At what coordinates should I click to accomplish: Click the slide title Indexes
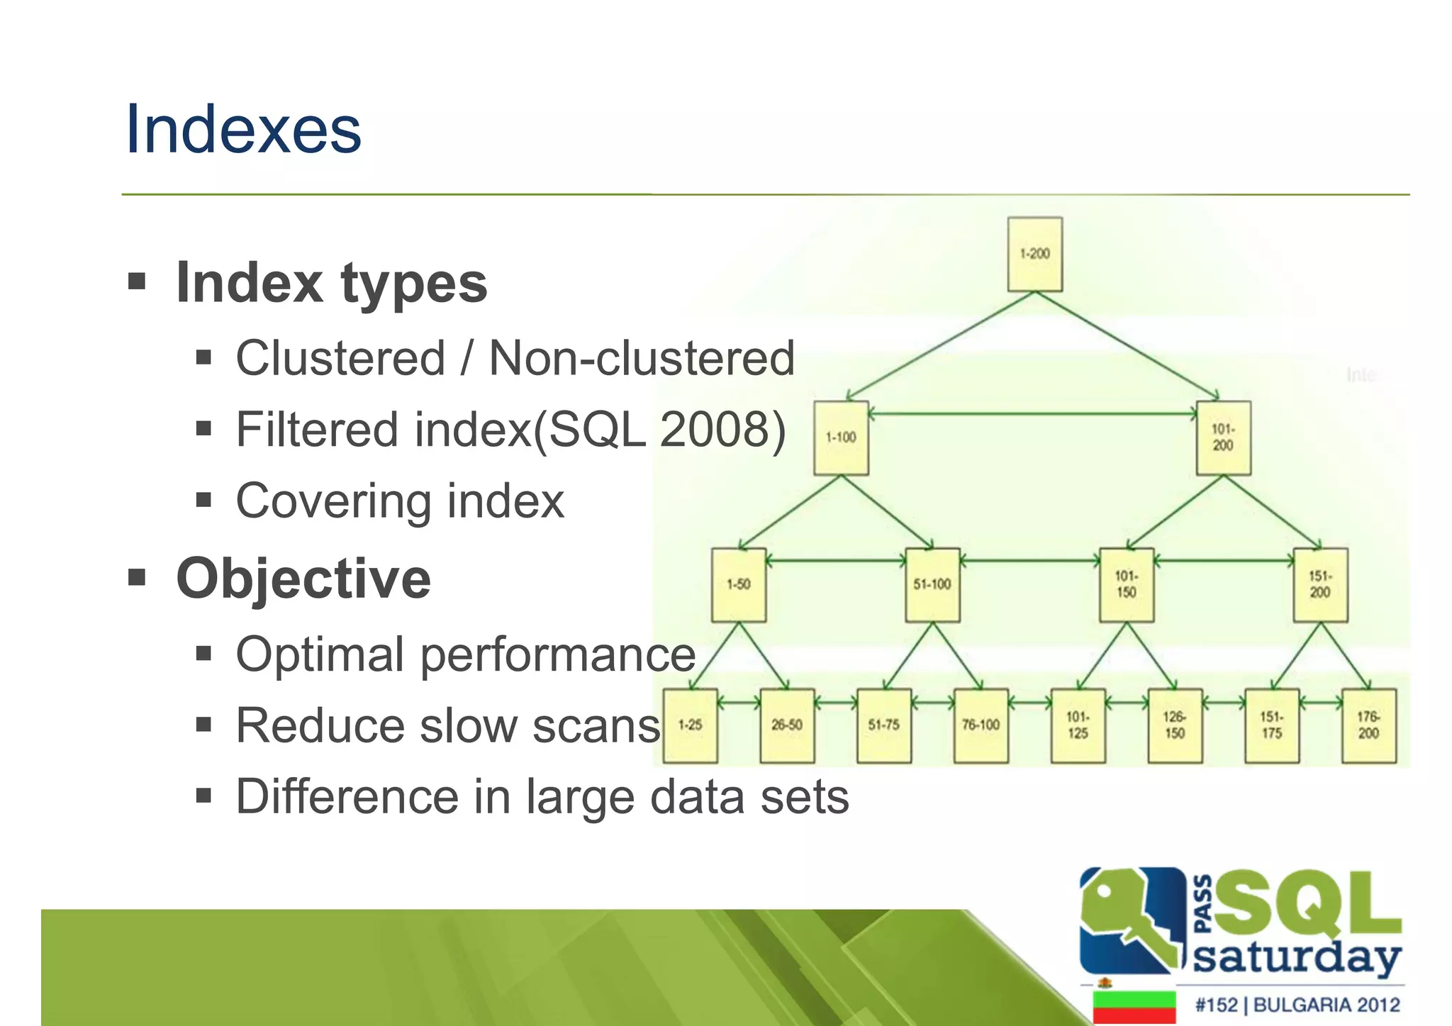tap(243, 130)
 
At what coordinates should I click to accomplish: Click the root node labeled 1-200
tap(1034, 254)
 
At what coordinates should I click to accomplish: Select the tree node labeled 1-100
tap(841, 437)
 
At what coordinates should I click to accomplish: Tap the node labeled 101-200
tap(1223, 437)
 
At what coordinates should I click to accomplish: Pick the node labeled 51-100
tap(932, 584)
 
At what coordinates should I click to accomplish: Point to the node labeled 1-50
tap(738, 584)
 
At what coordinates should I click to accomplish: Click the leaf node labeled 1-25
tap(690, 725)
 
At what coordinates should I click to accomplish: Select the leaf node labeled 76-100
tap(981, 725)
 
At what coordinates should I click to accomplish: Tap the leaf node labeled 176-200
tap(1368, 725)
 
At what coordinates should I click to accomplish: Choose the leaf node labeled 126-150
tap(1175, 725)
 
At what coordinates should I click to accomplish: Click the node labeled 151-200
tap(1320, 584)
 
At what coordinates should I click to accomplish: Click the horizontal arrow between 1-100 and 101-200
tap(1032, 413)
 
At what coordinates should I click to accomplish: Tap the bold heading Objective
tap(303, 579)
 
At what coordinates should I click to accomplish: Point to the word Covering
tap(332, 501)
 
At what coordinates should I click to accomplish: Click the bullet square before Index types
tap(137, 282)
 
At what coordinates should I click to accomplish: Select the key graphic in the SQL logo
tap(1127, 918)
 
